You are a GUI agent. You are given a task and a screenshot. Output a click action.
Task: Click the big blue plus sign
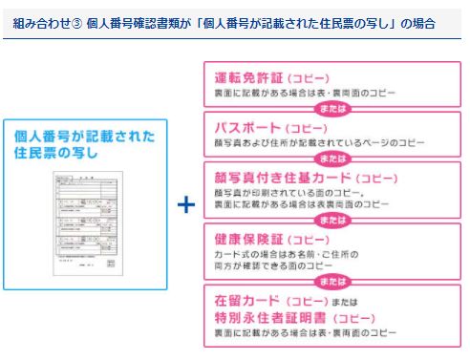[186, 205]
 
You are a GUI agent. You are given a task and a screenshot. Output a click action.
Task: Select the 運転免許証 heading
[246, 78]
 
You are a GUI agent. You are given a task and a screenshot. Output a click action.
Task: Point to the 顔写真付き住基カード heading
[269, 178]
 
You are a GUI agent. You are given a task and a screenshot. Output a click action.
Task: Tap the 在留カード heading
[246, 301]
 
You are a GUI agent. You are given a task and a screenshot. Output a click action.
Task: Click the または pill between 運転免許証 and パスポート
[332, 108]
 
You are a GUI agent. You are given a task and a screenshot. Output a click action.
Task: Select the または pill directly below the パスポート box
[332, 158]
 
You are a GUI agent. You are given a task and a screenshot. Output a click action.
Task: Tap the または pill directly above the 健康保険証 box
[332, 219]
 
